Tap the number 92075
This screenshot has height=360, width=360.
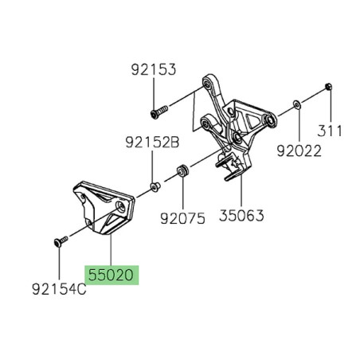[x=182, y=216]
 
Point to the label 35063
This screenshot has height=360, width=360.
[x=242, y=216]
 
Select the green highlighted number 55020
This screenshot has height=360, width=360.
[x=112, y=276]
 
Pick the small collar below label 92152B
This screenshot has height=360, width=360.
[x=155, y=188]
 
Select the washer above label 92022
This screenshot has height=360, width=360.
[x=296, y=104]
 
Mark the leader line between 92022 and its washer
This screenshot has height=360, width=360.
[x=296, y=123]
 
